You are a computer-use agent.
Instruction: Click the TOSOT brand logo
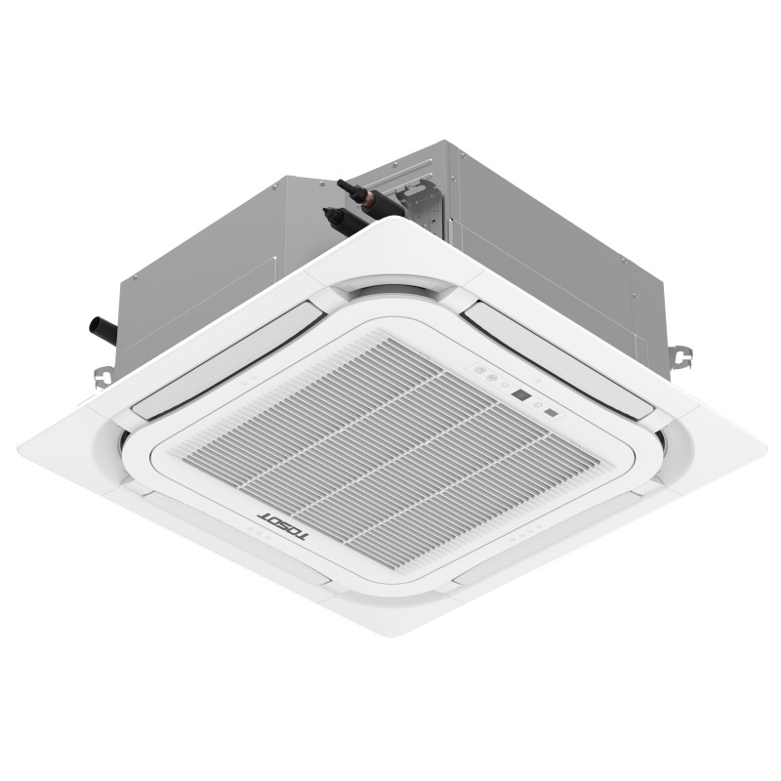click(x=282, y=527)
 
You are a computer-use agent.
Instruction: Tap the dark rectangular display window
click(x=521, y=397)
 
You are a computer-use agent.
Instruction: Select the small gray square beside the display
click(x=553, y=412)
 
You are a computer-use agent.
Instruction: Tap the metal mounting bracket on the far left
click(x=102, y=377)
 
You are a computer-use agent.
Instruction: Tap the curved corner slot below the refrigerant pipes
click(x=390, y=289)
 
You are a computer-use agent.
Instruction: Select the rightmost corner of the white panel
click(x=764, y=451)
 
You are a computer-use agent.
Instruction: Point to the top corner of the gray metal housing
click(x=444, y=143)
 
